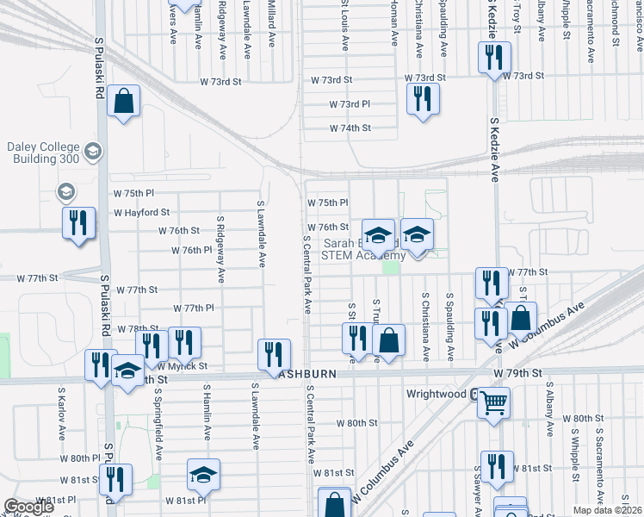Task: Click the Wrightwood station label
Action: [x=436, y=394]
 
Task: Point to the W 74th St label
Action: [x=350, y=128]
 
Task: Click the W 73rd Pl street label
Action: [x=350, y=104]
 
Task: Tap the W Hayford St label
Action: [x=141, y=212]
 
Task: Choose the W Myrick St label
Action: [x=182, y=366]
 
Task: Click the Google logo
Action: [x=28, y=507]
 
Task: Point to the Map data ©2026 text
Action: [x=608, y=510]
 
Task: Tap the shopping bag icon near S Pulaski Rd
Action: [x=125, y=102]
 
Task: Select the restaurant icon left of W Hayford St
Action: [x=78, y=222]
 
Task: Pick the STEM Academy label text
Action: [x=363, y=256]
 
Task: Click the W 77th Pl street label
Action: [x=193, y=308]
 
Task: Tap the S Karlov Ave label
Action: [x=61, y=410]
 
